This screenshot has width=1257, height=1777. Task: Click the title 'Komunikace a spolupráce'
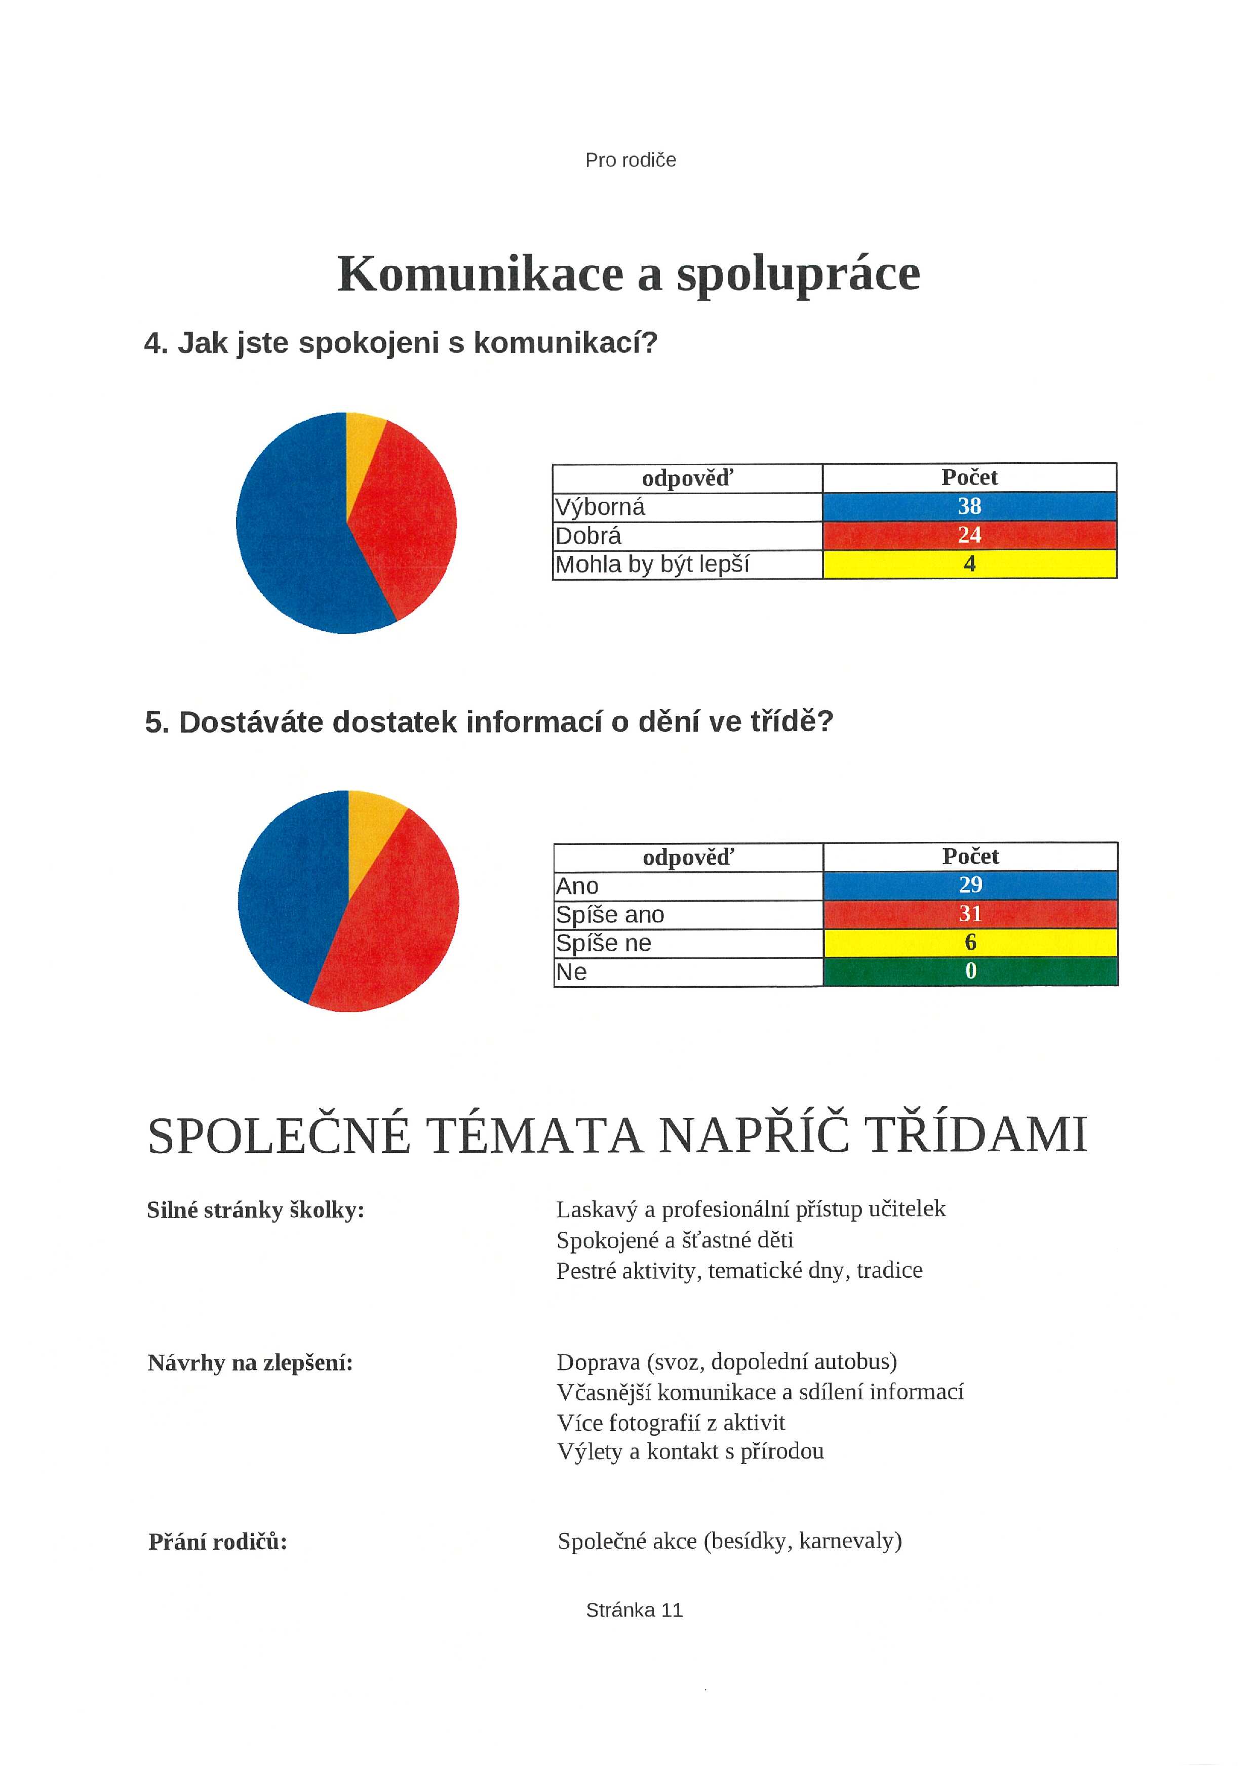[628, 274]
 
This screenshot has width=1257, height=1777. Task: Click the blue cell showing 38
[969, 506]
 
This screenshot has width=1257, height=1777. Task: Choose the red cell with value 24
[969, 535]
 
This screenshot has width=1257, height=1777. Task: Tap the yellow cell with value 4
[969, 564]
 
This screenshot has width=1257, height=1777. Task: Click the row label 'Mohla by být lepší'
[652, 564]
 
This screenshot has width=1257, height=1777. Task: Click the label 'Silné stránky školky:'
[255, 1209]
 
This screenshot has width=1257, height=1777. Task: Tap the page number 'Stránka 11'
[634, 1610]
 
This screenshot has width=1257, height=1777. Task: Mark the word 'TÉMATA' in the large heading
[534, 1136]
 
